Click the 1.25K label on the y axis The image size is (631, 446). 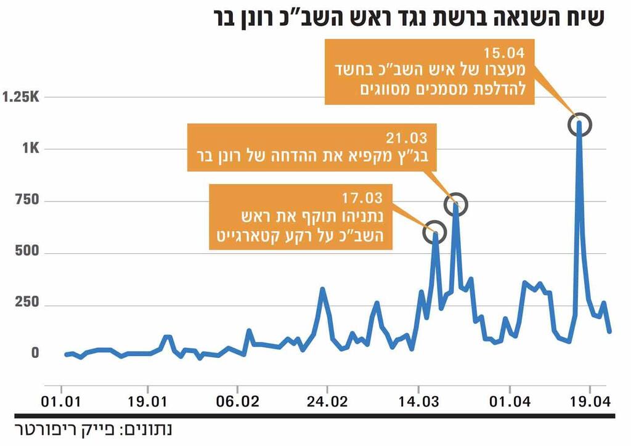22,97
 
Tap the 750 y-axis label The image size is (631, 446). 27,200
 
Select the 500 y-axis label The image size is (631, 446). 27,252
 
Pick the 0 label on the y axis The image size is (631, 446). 35,354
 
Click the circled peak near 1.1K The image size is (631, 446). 579,124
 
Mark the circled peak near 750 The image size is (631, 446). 456,204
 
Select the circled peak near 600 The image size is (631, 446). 434,231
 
